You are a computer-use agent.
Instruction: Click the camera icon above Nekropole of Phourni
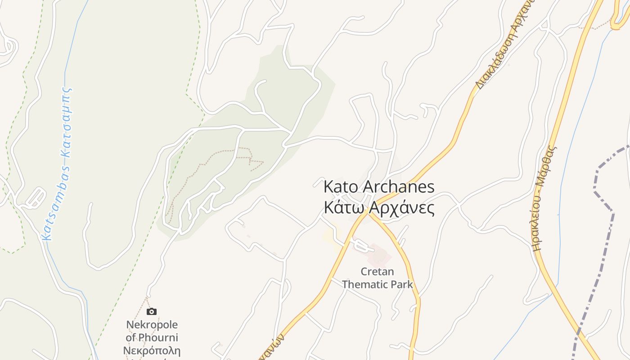click(152, 311)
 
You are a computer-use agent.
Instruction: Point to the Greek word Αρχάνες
click(401, 208)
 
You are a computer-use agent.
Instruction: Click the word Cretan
click(377, 272)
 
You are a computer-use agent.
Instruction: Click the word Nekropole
click(152, 324)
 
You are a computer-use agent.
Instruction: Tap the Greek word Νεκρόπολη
click(153, 351)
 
